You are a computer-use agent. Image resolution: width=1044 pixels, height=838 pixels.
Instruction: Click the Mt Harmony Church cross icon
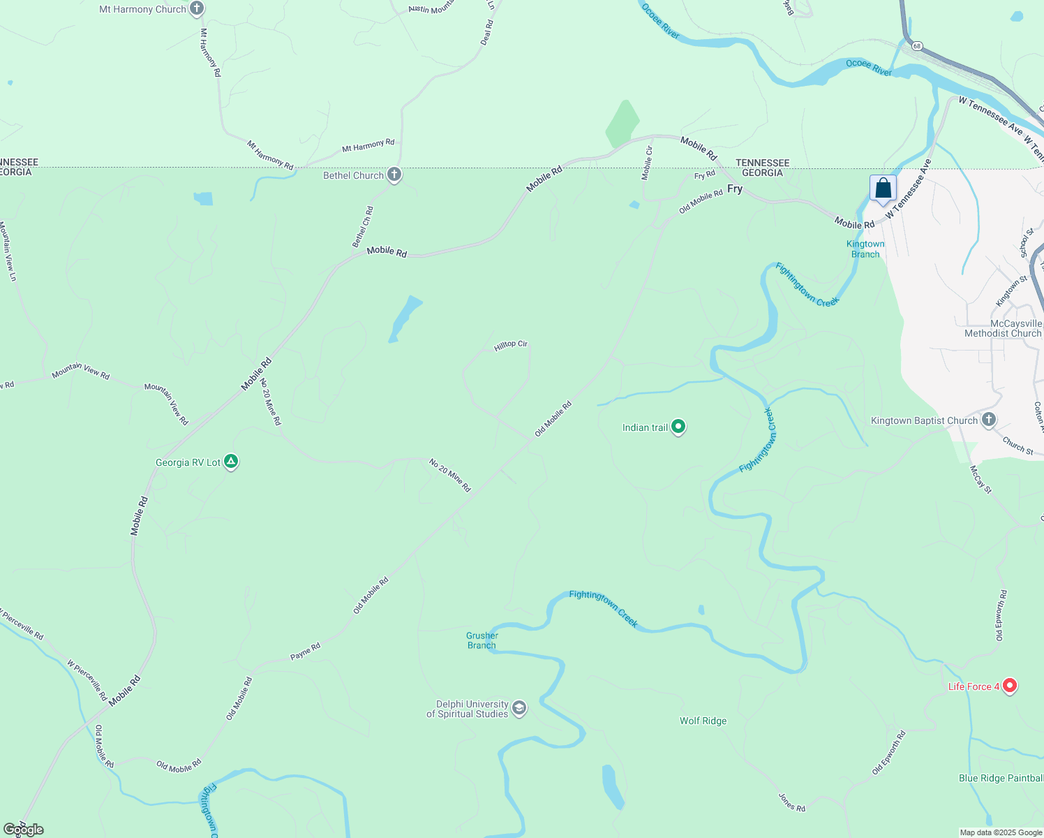pos(197,9)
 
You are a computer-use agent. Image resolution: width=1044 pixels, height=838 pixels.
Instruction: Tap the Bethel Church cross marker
pos(394,175)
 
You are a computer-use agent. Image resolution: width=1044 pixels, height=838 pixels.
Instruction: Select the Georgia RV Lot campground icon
pos(231,462)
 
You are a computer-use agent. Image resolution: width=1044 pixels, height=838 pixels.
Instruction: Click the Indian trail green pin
pos(678,427)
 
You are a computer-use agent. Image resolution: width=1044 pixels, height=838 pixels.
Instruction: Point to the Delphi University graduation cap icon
pos(519,708)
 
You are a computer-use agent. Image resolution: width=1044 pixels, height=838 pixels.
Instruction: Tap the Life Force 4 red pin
pos(1009,686)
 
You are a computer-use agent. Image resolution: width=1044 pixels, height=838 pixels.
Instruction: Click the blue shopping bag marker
pos(883,189)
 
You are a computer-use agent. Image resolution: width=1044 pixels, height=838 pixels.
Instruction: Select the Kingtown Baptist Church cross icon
pos(988,420)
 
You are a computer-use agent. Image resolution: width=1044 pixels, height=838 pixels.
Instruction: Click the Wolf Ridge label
pos(703,721)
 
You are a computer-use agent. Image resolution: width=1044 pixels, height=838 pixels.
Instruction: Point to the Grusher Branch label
pos(482,640)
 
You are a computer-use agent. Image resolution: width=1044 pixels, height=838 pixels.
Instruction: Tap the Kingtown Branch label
pos(865,249)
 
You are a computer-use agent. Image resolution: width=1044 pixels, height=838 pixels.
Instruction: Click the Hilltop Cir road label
pos(511,345)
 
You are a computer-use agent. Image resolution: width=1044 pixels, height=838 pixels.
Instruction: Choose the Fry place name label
pos(735,189)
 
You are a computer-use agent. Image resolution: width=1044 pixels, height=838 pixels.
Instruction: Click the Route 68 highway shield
pos(916,46)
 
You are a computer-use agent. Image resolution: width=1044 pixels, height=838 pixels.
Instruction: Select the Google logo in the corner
pos(23,830)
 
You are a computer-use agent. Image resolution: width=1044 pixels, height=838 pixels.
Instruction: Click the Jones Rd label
pos(792,802)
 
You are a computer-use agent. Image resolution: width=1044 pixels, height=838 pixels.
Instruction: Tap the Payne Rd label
pos(306,652)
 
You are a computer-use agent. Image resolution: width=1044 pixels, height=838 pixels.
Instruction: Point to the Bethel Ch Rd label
pos(362,227)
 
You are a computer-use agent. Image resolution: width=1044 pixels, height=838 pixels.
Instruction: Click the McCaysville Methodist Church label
pos(1002,328)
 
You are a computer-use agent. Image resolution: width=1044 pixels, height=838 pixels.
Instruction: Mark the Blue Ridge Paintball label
pos(1001,778)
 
